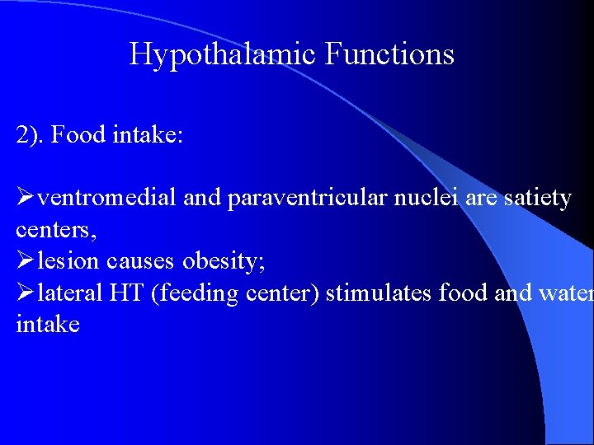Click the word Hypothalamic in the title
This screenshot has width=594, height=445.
click(222, 55)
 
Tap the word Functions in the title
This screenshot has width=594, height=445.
click(389, 55)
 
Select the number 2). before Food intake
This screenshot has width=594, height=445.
click(30, 135)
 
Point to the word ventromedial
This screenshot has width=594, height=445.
click(107, 199)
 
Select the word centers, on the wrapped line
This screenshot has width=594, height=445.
click(56, 230)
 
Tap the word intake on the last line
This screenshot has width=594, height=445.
click(48, 324)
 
